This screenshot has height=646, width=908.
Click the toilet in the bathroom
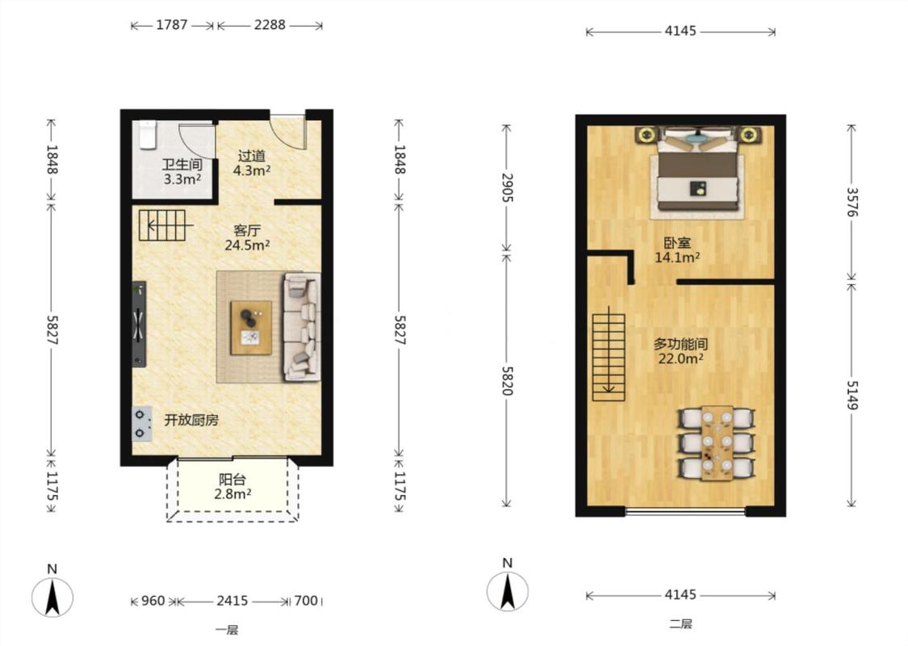(x=149, y=135)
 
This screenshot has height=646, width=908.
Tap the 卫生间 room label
(x=182, y=165)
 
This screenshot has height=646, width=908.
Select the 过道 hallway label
(x=252, y=156)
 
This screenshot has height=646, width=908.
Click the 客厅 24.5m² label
(x=247, y=237)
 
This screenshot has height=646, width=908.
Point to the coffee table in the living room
(x=251, y=328)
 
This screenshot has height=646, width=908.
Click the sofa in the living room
(x=302, y=327)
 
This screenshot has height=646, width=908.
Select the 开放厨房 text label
(x=191, y=420)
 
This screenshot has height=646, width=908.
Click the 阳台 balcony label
(x=232, y=480)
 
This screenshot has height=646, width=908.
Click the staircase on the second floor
(x=609, y=357)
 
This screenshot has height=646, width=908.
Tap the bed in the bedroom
(x=698, y=172)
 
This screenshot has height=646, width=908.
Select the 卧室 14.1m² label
(x=677, y=250)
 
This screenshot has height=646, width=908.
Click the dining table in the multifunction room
(x=718, y=443)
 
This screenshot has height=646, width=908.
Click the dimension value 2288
(x=270, y=25)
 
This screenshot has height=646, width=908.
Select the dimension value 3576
(x=852, y=202)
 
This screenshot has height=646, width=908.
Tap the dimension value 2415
(x=232, y=601)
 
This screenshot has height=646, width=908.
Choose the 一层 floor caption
(x=227, y=630)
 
